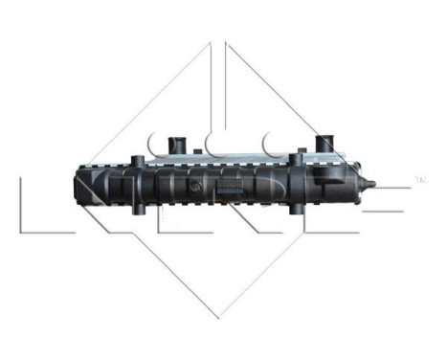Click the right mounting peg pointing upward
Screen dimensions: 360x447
302,156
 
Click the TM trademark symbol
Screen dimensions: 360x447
419,177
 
